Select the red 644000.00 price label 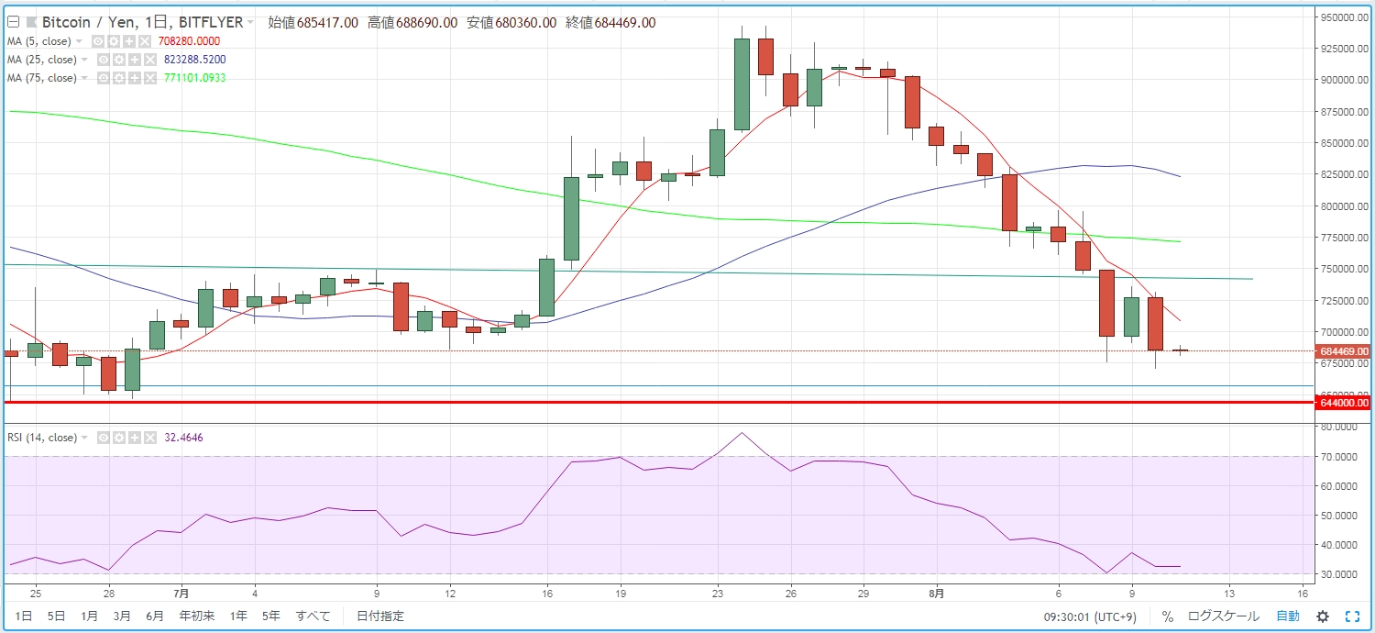tap(1343, 403)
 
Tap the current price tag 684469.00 tap(1343, 351)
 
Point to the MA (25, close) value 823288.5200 tap(194, 60)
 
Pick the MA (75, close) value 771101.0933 tap(194, 78)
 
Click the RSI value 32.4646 tap(183, 438)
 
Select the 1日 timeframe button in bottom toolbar tap(26, 616)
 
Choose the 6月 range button tap(155, 616)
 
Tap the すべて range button tap(313, 616)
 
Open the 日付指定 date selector tap(379, 616)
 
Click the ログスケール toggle tap(1223, 616)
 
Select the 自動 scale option tap(1287, 616)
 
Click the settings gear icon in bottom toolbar tap(1323, 616)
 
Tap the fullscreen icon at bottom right tap(1352, 616)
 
